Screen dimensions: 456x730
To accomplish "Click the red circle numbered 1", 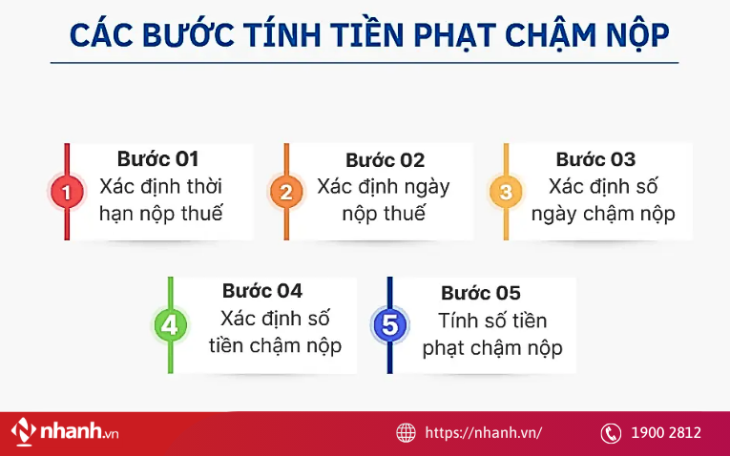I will tap(66, 192).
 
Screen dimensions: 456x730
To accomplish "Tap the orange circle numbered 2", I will tap(285, 192).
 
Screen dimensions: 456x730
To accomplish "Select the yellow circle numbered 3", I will tap(506, 192).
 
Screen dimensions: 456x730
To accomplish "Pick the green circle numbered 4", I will tap(170, 325).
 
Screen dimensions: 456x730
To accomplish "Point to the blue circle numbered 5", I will tap(388, 325).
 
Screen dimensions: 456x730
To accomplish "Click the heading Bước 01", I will tap(157, 159).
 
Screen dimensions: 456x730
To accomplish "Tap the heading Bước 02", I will tap(385, 160).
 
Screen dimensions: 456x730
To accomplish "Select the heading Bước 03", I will tap(595, 159).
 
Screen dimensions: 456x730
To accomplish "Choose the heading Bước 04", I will tap(261, 291).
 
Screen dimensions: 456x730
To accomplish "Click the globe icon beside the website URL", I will tap(406, 432).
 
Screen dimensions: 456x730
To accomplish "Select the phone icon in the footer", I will tap(611, 432).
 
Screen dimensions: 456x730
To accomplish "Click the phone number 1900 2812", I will tap(666, 432).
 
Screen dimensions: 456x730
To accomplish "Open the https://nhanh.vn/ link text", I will tap(483, 432).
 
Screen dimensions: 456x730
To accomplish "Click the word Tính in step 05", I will tap(459, 321).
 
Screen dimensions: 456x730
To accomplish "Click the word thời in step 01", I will tap(202, 186).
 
